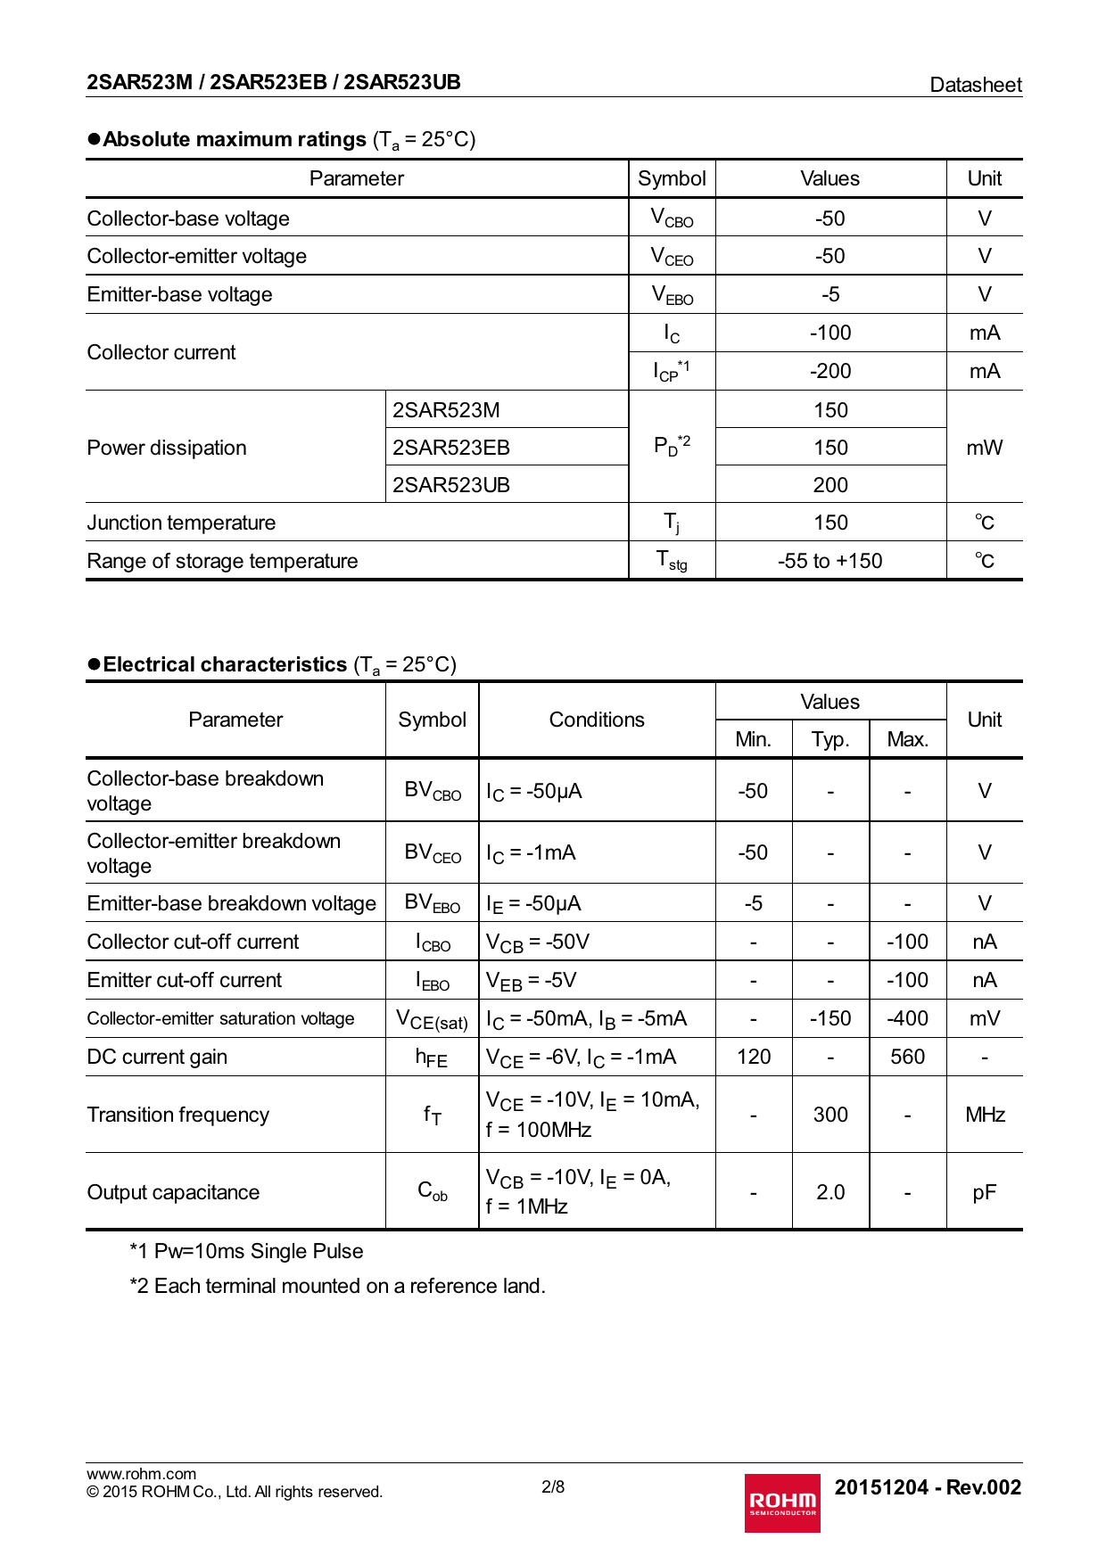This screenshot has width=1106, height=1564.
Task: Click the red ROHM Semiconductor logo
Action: pyautogui.click(x=782, y=1502)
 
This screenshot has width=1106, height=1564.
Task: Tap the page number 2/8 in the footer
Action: pyautogui.click(x=553, y=1486)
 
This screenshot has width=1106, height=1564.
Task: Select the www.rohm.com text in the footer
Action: pyautogui.click(x=141, y=1474)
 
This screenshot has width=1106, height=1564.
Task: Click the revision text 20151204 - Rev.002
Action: pyautogui.click(x=928, y=1487)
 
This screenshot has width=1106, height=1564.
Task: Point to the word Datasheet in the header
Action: pyautogui.click(x=976, y=85)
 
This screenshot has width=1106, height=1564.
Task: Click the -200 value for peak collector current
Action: pyautogui.click(x=830, y=371)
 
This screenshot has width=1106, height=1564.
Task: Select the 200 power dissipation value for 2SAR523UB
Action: pyautogui.click(x=830, y=485)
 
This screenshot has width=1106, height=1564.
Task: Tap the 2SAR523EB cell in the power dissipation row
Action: pyautogui.click(x=451, y=448)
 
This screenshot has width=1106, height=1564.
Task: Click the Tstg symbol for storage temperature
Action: pyautogui.click(x=672, y=561)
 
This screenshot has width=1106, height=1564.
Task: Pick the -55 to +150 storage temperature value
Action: pyautogui.click(x=829, y=561)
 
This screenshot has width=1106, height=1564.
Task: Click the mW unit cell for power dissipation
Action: pyautogui.click(x=984, y=448)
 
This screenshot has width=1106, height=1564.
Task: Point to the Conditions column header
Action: pyautogui.click(x=597, y=720)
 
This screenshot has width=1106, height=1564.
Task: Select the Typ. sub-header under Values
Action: pyautogui.click(x=830, y=739)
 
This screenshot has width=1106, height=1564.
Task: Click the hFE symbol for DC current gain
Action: pyautogui.click(x=432, y=1058)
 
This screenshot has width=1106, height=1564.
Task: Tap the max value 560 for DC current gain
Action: pyautogui.click(x=907, y=1057)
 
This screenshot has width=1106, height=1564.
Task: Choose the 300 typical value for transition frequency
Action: pyautogui.click(x=830, y=1115)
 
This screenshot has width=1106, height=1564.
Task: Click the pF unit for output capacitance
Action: pyautogui.click(x=984, y=1192)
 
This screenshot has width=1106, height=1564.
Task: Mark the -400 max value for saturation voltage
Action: pyautogui.click(x=907, y=1018)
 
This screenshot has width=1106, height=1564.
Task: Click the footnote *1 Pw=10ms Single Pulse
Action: pyautogui.click(x=246, y=1251)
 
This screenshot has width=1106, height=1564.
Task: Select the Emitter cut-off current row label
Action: pyautogui.click(x=185, y=980)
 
